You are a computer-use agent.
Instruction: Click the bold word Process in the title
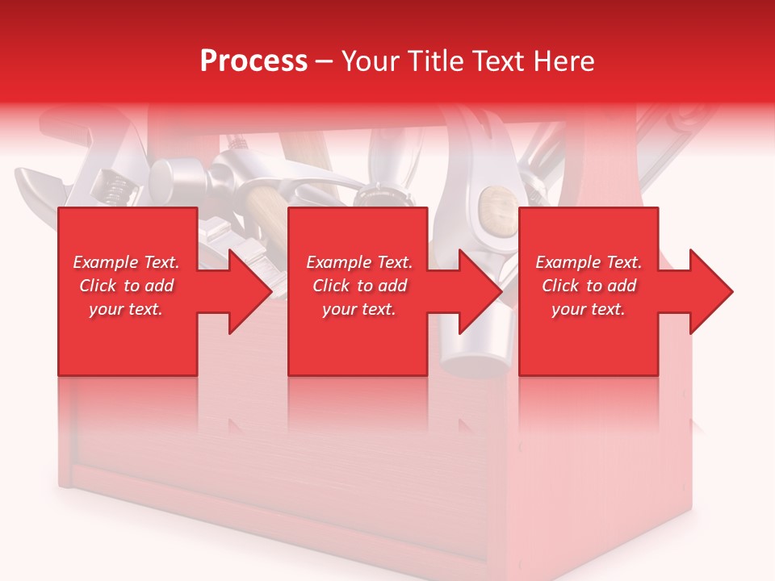(x=253, y=61)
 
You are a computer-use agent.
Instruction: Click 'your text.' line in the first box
(x=126, y=309)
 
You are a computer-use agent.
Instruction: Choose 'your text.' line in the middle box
(x=359, y=309)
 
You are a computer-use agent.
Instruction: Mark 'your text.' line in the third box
(x=589, y=309)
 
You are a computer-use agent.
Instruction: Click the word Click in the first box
(x=98, y=286)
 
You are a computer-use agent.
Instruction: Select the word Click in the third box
(x=560, y=286)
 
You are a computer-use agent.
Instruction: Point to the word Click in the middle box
(x=331, y=286)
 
